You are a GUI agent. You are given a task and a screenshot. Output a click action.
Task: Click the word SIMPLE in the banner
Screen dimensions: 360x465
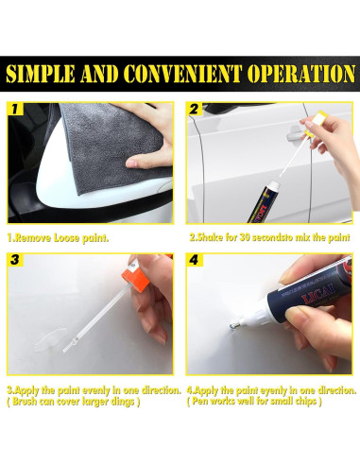coord(41,75)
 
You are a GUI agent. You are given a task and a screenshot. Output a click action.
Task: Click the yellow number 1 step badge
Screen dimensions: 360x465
coord(15,109)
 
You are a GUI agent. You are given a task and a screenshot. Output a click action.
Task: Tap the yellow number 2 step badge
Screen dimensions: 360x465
coord(194,109)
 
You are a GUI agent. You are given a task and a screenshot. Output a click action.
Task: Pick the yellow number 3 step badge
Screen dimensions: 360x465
coord(15,260)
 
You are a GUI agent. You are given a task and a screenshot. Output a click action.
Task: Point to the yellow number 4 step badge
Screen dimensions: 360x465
coord(194,260)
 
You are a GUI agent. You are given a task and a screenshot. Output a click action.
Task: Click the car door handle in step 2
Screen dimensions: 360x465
coord(294,133)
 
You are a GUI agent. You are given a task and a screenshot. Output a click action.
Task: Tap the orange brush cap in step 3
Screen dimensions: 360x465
coord(135,278)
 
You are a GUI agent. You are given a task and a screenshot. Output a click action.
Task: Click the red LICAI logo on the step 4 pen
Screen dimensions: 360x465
coord(318,294)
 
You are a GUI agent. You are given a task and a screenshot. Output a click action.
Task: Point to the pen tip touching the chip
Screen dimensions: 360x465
coord(232,326)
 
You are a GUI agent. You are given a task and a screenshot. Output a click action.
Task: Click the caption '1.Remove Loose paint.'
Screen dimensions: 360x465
coord(58,238)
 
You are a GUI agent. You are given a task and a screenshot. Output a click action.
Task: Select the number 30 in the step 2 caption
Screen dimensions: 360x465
coord(246,238)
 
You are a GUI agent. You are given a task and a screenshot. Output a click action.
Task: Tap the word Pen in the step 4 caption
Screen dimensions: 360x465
coord(199,402)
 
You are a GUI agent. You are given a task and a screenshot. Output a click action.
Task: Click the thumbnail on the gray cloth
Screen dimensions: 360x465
coord(131,164)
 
